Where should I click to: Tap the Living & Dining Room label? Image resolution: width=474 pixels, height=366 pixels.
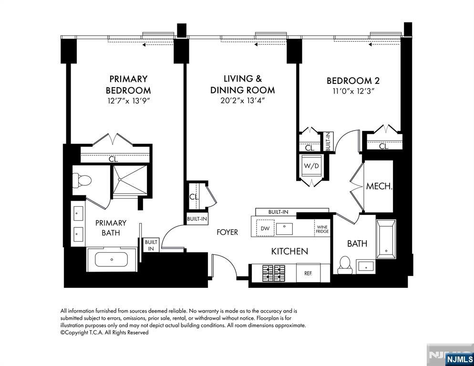coord(243,84)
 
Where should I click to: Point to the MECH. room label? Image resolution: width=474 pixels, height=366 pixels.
coord(379,186)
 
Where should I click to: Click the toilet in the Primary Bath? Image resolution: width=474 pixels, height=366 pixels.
coord(82,181)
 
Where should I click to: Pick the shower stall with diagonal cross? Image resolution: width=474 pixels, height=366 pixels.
coord(128,180)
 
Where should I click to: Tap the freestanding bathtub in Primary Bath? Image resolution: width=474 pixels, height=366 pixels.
coord(112,260)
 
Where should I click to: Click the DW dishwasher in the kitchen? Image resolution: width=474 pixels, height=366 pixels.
coord(265,229)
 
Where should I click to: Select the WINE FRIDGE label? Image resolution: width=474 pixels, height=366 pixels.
coord(322,229)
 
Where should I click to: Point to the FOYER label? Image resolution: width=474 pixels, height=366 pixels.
coord(227,232)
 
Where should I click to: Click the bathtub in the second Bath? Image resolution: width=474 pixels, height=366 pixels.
coord(386,239)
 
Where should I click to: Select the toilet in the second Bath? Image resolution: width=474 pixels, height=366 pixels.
coord(344,264)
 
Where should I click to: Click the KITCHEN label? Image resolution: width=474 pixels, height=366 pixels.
coord(289,251)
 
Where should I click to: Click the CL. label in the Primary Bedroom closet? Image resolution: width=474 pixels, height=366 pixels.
coord(113,159)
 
